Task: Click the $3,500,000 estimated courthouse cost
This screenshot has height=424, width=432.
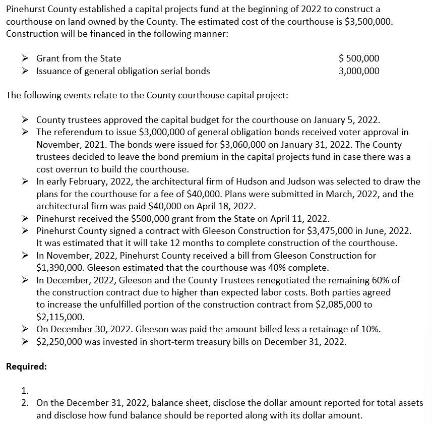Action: coord(366,22)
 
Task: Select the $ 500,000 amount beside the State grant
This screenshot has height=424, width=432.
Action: coord(359,58)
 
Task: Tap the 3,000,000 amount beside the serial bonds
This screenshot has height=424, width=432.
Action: coord(359,71)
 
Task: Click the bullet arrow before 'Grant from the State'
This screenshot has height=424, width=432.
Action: coord(29,58)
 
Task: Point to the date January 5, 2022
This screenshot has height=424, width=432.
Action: coord(346,120)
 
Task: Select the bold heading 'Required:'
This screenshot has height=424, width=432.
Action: coord(26,367)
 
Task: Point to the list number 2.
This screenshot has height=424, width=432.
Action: coord(25,403)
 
